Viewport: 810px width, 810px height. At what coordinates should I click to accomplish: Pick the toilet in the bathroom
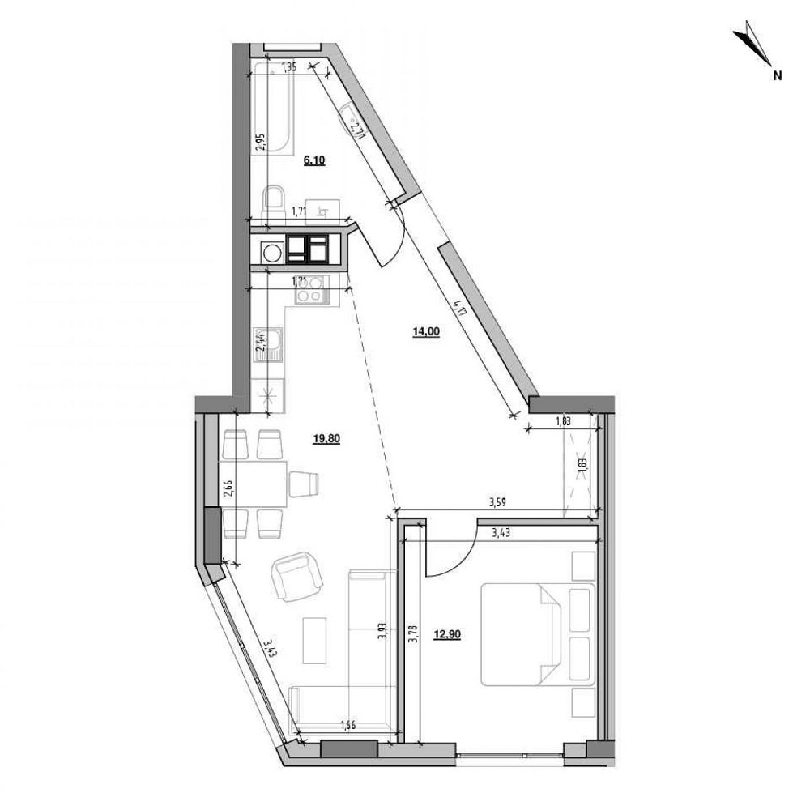275,199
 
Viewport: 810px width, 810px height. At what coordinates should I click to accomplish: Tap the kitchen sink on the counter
275,344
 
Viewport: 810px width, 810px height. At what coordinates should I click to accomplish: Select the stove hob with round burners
309,290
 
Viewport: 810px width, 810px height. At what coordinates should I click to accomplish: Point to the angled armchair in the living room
296,576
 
